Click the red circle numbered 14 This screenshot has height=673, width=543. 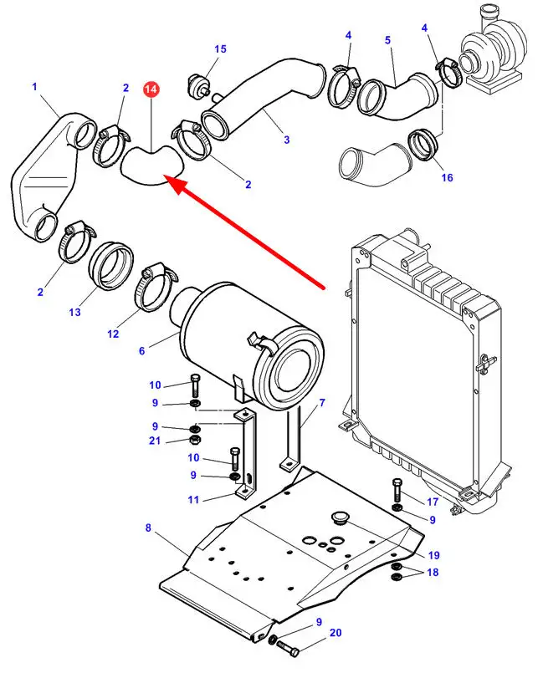pos(151,89)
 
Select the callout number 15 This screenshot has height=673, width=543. pos(220,49)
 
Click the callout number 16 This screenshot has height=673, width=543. pos(447,177)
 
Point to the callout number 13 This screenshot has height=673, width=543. pos(75,312)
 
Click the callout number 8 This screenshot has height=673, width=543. pos(148,528)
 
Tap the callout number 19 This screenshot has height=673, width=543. pos(434,555)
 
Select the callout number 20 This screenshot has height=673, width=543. pos(336,634)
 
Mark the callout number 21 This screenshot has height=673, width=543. pos(156,441)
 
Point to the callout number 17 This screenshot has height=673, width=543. pos(433,502)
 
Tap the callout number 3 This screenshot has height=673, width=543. pos(286,140)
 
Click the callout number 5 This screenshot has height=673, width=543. pos(388,39)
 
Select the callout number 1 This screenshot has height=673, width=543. pos(35,86)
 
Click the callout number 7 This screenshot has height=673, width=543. pos(322,402)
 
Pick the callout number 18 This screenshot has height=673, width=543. pos(433,572)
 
